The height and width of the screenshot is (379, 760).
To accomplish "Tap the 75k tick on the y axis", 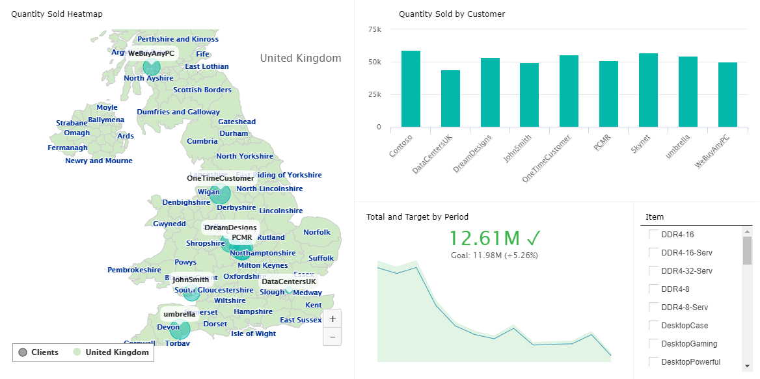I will (x=374, y=29).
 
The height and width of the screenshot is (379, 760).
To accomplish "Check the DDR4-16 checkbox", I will (x=653, y=235).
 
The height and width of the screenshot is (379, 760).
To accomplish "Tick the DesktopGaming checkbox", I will (x=653, y=344).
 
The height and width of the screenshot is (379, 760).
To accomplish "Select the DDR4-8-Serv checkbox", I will (x=653, y=307).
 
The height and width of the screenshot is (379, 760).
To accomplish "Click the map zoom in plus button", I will (x=332, y=319).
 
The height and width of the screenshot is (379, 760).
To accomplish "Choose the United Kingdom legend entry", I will (x=111, y=352).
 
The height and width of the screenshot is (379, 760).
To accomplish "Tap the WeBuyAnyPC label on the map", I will (x=151, y=53).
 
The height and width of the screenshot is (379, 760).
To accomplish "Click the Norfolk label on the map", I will (x=317, y=232).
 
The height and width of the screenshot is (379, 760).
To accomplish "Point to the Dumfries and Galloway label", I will (x=178, y=112).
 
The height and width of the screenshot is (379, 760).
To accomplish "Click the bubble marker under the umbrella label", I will (x=176, y=329).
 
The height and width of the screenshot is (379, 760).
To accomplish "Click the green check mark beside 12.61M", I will (x=534, y=238).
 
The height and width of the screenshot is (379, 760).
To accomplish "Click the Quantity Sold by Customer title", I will (x=452, y=14).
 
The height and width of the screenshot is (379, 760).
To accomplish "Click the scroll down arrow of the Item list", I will (x=748, y=366).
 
